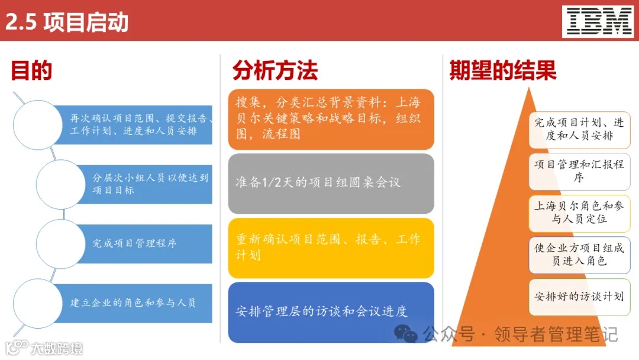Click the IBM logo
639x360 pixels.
[x=598, y=21]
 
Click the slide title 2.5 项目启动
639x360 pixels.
[x=67, y=22]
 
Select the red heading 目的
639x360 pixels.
[x=31, y=70]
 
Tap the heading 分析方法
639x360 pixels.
[x=275, y=70]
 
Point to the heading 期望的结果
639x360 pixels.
[x=502, y=70]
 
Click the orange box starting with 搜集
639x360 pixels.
[x=331, y=119]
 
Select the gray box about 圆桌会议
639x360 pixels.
[x=331, y=183]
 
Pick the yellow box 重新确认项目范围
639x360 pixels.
[x=331, y=247]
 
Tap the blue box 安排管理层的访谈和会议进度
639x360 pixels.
[x=331, y=311]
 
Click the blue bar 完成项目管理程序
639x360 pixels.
[x=142, y=243]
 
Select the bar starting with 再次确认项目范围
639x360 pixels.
[x=136, y=124]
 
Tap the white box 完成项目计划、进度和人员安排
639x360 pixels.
[x=579, y=130]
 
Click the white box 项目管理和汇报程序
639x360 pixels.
[x=579, y=171]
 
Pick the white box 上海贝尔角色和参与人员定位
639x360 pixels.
[x=579, y=213]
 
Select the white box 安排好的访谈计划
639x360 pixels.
[x=579, y=296]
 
